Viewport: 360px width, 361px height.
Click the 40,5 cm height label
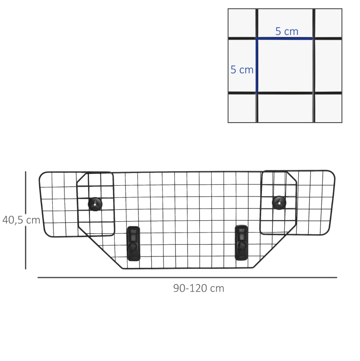tap(21, 220)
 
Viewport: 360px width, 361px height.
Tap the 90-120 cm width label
tap(199, 288)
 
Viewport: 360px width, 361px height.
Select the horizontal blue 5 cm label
tap(287, 31)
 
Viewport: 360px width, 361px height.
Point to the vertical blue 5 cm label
tap(242, 70)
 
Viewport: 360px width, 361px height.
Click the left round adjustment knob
tap(95, 204)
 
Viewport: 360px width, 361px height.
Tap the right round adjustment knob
tap(279, 203)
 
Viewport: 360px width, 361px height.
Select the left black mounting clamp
tap(133, 243)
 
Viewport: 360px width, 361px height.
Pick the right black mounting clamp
tap(241, 242)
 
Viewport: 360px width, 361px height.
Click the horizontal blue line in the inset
tap(285, 39)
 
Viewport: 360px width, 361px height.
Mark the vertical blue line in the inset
tap(256, 66)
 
